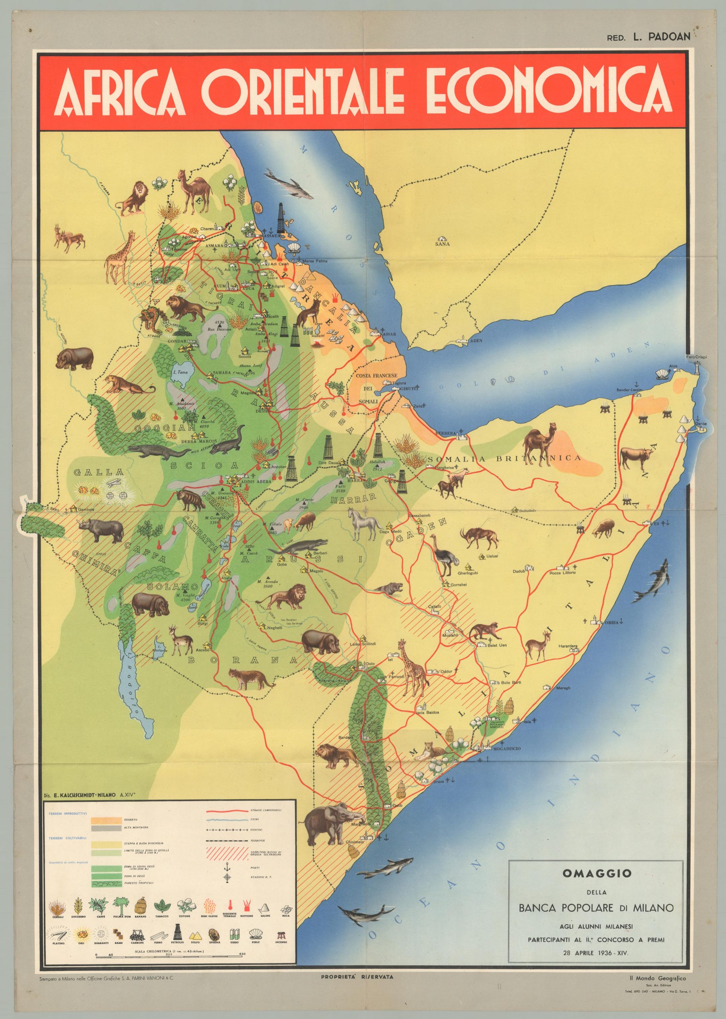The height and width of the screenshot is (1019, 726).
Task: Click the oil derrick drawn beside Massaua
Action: pos(281,216)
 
